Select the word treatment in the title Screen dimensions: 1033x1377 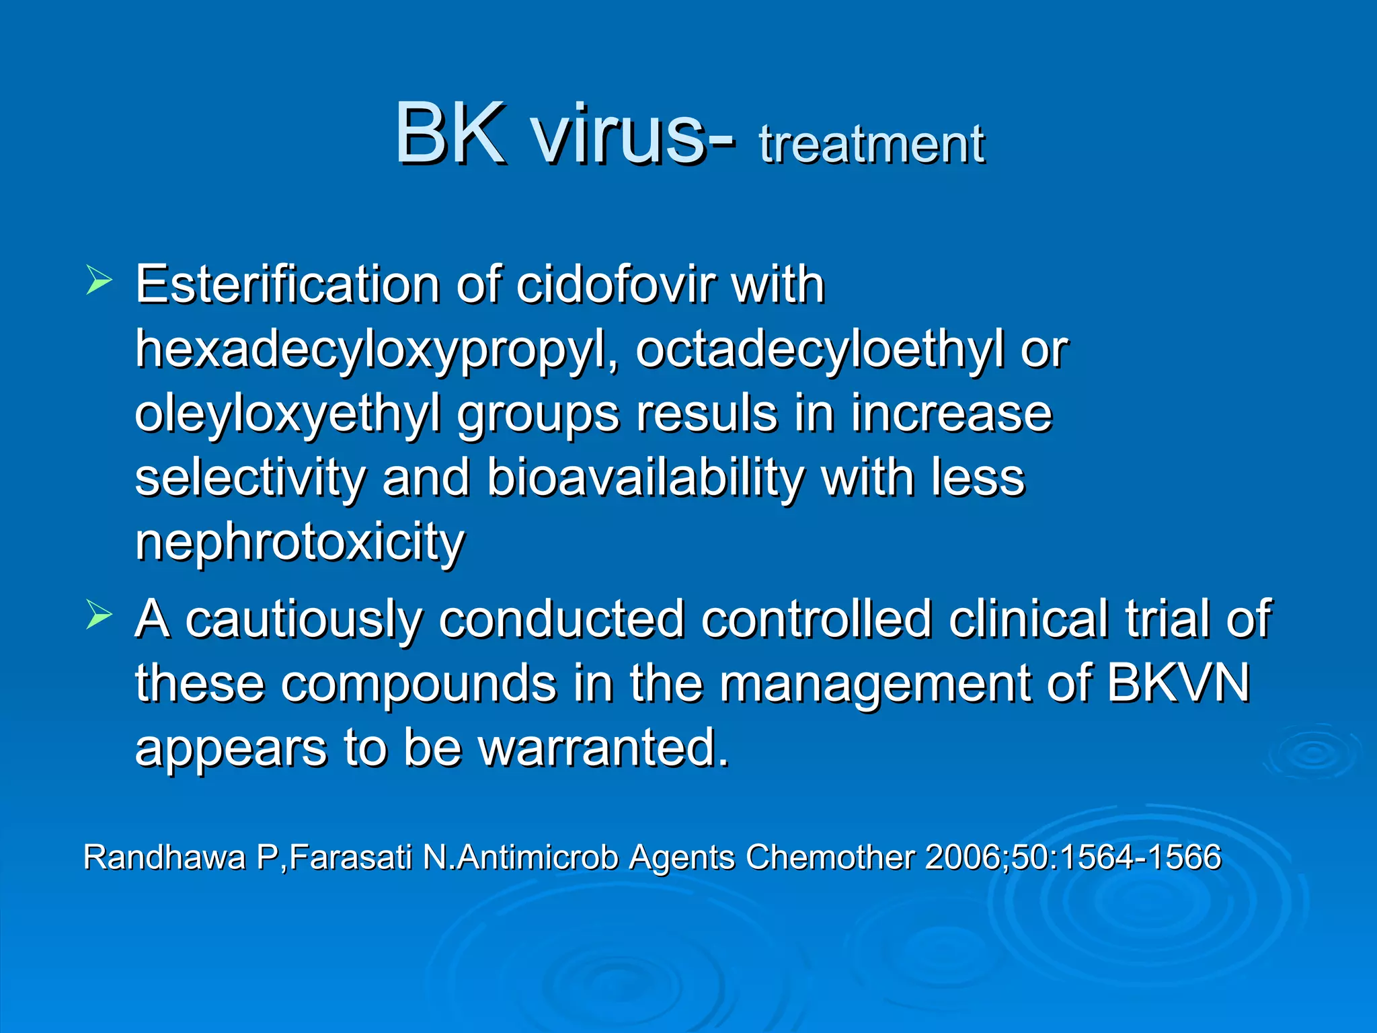(871, 145)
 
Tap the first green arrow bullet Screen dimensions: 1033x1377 (98, 280)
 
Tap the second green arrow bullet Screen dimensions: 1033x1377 (98, 615)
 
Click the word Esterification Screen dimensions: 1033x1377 (287, 285)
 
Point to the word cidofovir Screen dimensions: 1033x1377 (614, 285)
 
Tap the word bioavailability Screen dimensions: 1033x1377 (645, 477)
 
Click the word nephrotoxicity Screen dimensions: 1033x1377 (299, 542)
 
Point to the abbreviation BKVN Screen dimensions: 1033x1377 (1177, 683)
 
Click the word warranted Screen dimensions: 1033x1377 (603, 748)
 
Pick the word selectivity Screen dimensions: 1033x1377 (250, 479)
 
